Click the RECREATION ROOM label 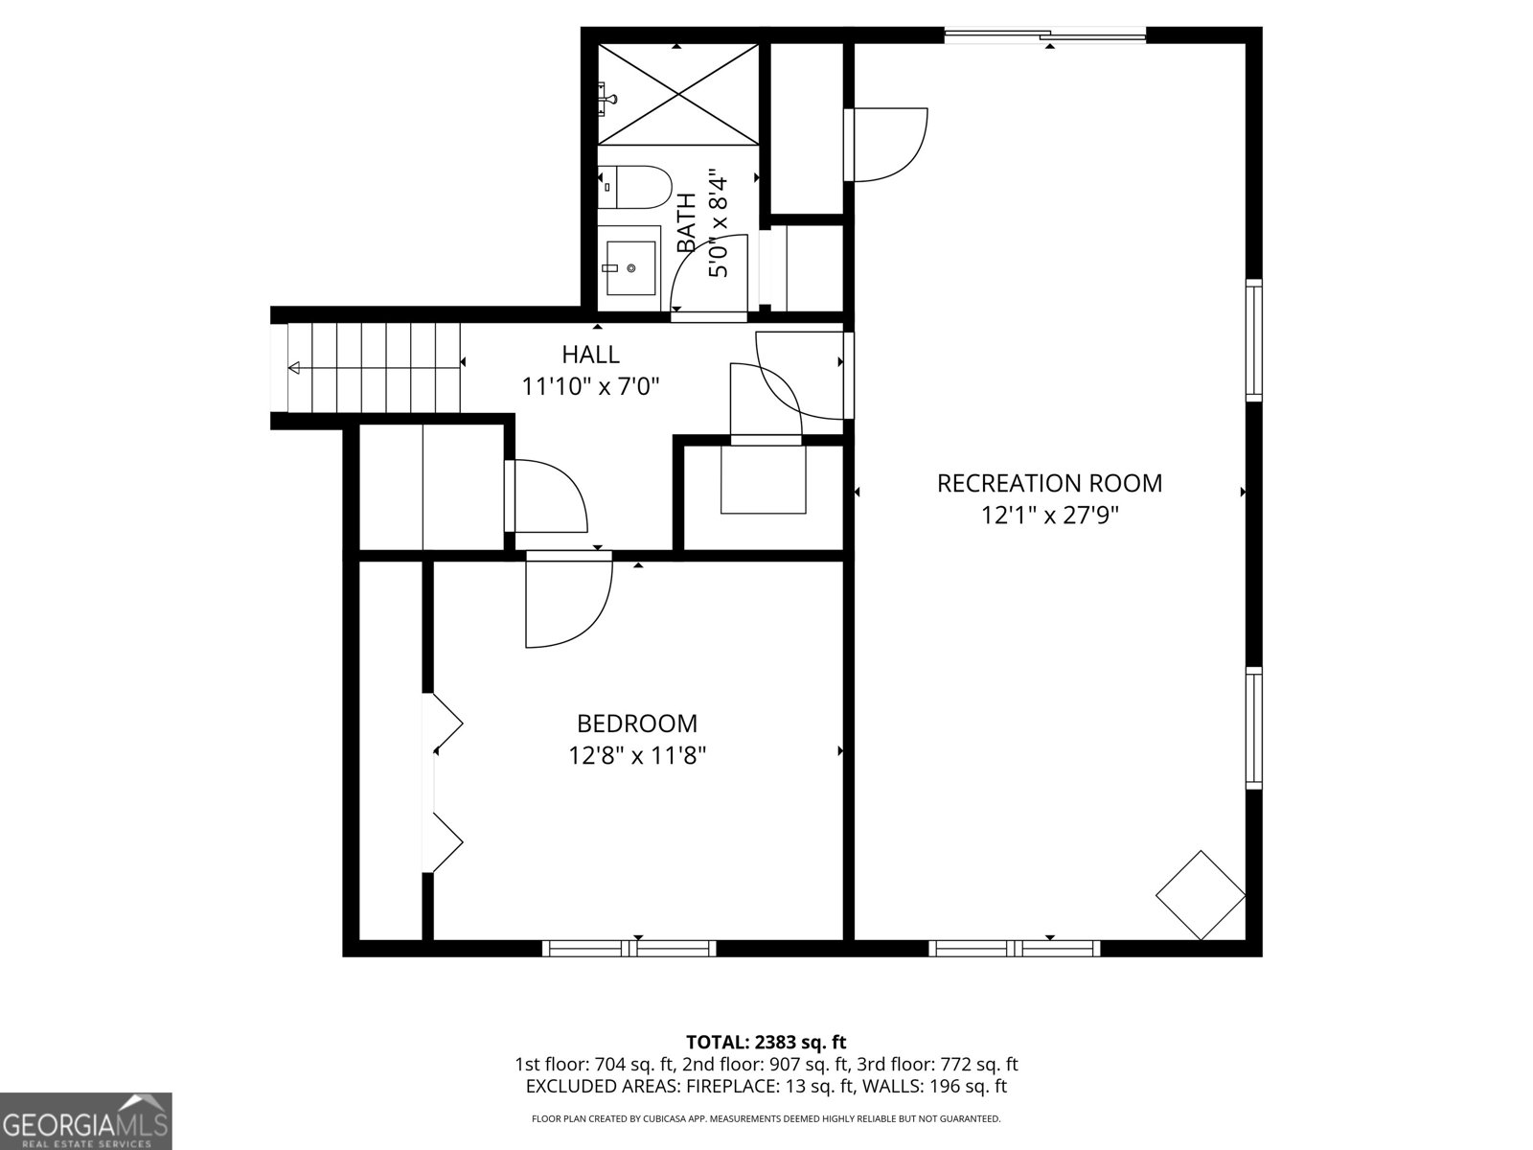1049,483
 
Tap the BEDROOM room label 637,724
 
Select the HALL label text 590,355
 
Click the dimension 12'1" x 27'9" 1049,516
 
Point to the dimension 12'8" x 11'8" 637,756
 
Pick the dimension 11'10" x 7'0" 590,387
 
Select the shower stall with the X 678,94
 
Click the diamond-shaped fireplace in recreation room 1201,894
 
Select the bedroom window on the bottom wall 629,948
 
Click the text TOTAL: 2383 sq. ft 766,1042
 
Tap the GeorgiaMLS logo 86,1120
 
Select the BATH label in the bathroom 687,222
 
